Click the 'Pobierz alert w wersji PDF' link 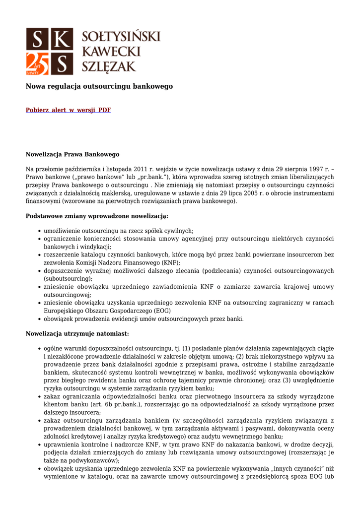68,110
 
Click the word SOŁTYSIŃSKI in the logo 121,36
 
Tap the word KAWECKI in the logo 111,51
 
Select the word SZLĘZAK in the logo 109,66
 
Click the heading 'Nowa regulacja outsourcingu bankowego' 99,86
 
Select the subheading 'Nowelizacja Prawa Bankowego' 72,155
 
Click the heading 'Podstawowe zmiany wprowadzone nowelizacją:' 97,216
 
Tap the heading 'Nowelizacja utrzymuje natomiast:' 77,334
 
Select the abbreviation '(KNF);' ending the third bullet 171,263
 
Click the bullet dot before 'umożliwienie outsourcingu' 39,231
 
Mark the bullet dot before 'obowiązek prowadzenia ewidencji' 39,319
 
